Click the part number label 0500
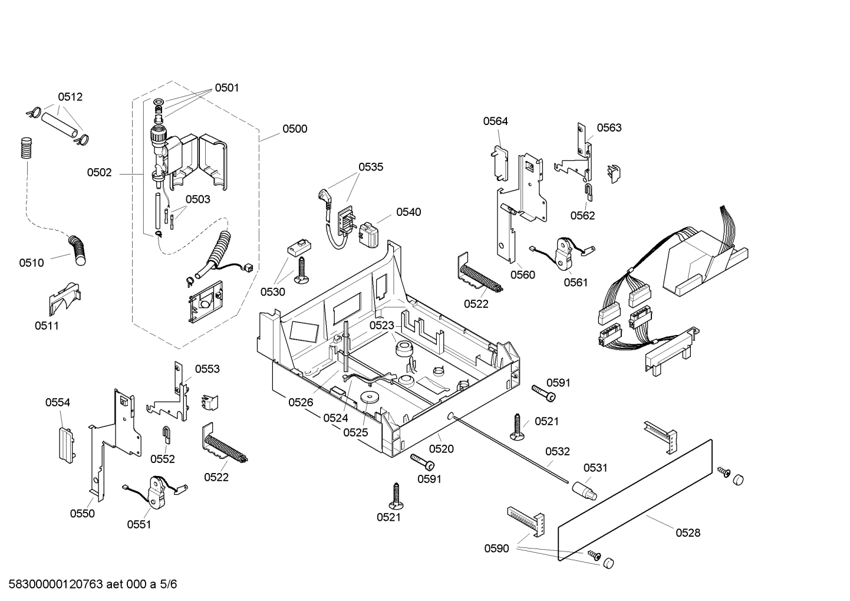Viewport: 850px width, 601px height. tap(295, 129)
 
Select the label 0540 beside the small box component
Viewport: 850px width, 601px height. tap(408, 212)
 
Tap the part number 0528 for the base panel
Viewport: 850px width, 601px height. tap(688, 533)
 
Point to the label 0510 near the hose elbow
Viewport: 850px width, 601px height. tap(31, 262)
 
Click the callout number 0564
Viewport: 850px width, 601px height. tap(495, 121)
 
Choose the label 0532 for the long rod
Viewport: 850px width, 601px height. tap(557, 451)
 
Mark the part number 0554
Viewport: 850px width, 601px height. tap(58, 402)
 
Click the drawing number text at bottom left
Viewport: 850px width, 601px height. tap(88, 584)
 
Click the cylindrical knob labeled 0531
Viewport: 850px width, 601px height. tap(583, 490)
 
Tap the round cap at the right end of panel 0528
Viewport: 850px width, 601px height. tap(738, 479)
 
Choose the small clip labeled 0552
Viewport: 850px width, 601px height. tap(167, 435)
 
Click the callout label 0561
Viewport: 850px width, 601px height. tap(575, 283)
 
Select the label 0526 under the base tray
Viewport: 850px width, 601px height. tap(301, 402)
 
